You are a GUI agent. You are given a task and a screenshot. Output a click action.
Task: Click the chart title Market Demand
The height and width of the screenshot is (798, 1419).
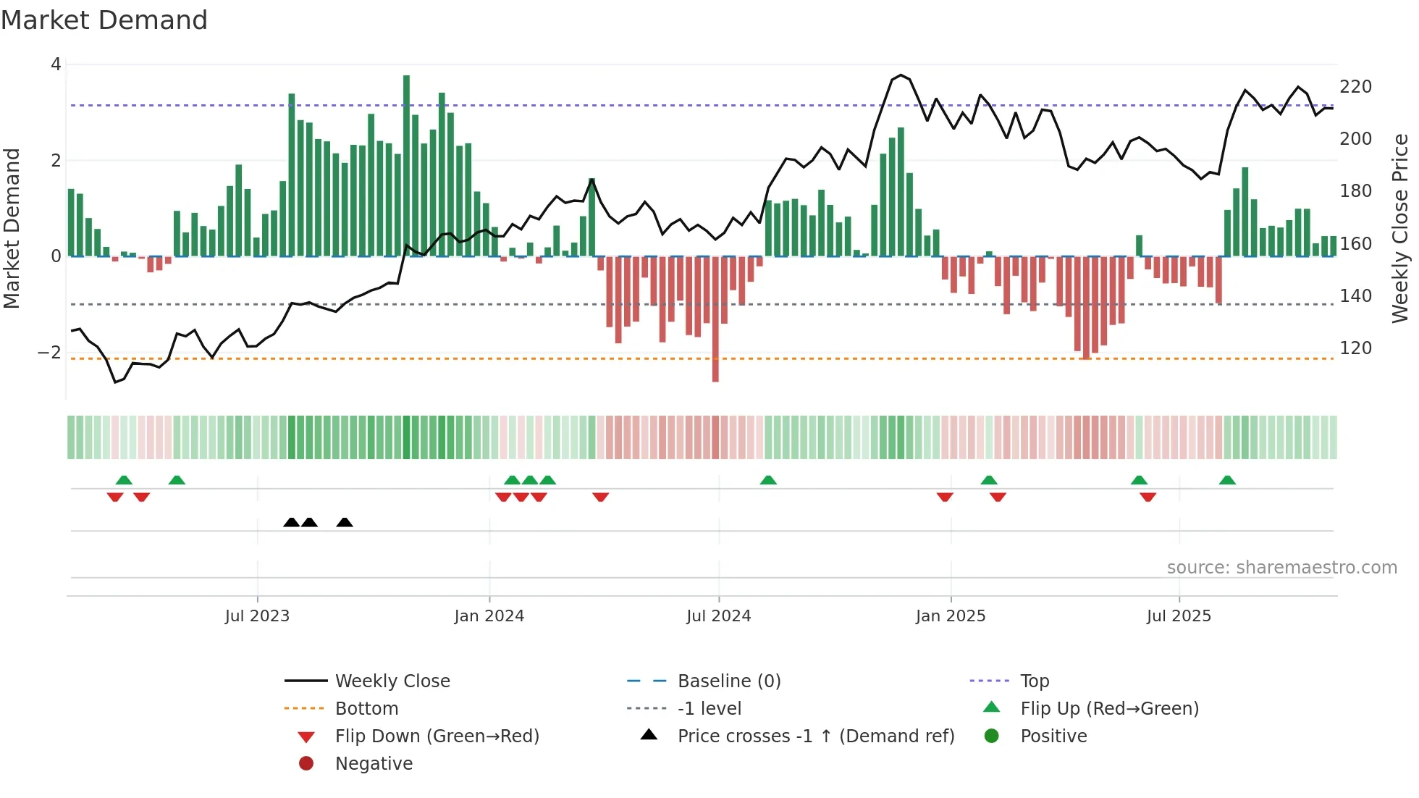(104, 20)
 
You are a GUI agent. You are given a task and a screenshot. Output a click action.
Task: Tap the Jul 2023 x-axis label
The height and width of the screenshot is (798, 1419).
(257, 616)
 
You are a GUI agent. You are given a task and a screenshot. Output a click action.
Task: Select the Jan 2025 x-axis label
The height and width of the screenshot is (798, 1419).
(950, 616)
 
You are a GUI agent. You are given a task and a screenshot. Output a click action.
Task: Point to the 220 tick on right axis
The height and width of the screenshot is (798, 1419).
(1355, 87)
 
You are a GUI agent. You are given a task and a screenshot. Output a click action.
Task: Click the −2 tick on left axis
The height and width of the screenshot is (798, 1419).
(50, 353)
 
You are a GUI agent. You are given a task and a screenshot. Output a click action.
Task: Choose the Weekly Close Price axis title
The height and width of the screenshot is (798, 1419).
(1400, 228)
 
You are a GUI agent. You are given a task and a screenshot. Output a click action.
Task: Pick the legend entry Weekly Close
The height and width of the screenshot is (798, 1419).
(392, 681)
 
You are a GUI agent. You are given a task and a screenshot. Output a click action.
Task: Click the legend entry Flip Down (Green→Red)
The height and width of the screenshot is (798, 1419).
(437, 736)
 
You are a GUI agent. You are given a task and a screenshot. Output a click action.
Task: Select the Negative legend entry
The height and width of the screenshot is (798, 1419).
(374, 764)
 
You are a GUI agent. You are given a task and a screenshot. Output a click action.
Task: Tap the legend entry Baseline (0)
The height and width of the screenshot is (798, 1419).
(728, 681)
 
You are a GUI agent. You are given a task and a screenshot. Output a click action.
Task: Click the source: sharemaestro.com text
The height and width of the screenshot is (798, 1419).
(1281, 568)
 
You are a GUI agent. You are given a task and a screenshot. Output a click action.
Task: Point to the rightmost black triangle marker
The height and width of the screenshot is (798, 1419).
(345, 522)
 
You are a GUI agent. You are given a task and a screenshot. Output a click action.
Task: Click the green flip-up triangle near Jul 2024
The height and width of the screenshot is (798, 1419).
(768, 480)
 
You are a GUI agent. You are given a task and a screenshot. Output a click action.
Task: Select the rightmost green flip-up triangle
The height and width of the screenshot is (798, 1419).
(1227, 480)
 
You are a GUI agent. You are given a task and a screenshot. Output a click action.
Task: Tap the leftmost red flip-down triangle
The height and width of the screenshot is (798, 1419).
(115, 497)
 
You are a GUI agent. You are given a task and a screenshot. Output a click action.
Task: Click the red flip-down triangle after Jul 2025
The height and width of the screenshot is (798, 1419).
(1148, 497)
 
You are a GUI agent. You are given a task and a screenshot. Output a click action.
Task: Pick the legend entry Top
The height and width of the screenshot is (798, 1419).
(1034, 681)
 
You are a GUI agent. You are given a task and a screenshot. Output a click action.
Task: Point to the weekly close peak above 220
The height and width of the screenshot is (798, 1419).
(901, 75)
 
